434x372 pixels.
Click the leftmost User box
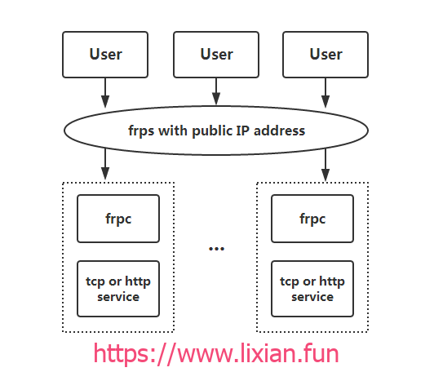[105, 55]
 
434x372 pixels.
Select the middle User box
[216, 55]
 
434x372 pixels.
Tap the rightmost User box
[325, 55]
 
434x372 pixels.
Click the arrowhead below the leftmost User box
[105, 101]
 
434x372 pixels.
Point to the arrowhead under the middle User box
[216, 99]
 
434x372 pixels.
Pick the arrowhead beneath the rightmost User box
[325, 101]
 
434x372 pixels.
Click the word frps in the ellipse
[141, 131]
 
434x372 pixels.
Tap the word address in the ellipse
[280, 131]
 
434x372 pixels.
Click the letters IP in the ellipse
[243, 131]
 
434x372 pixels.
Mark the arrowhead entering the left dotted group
[105, 173]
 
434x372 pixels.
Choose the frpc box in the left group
[118, 219]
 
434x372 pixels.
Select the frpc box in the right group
[312, 219]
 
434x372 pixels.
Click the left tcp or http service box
[118, 289]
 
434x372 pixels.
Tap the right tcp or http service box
[312, 289]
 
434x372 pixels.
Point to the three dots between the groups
[216, 249]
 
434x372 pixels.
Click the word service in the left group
[118, 297]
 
